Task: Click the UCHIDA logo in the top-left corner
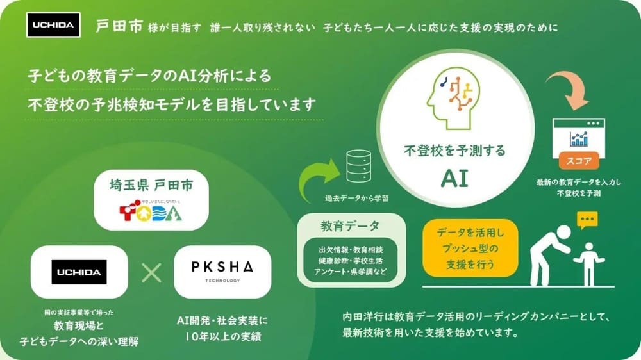(x=54, y=25)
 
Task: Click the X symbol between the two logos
(x=151, y=272)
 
